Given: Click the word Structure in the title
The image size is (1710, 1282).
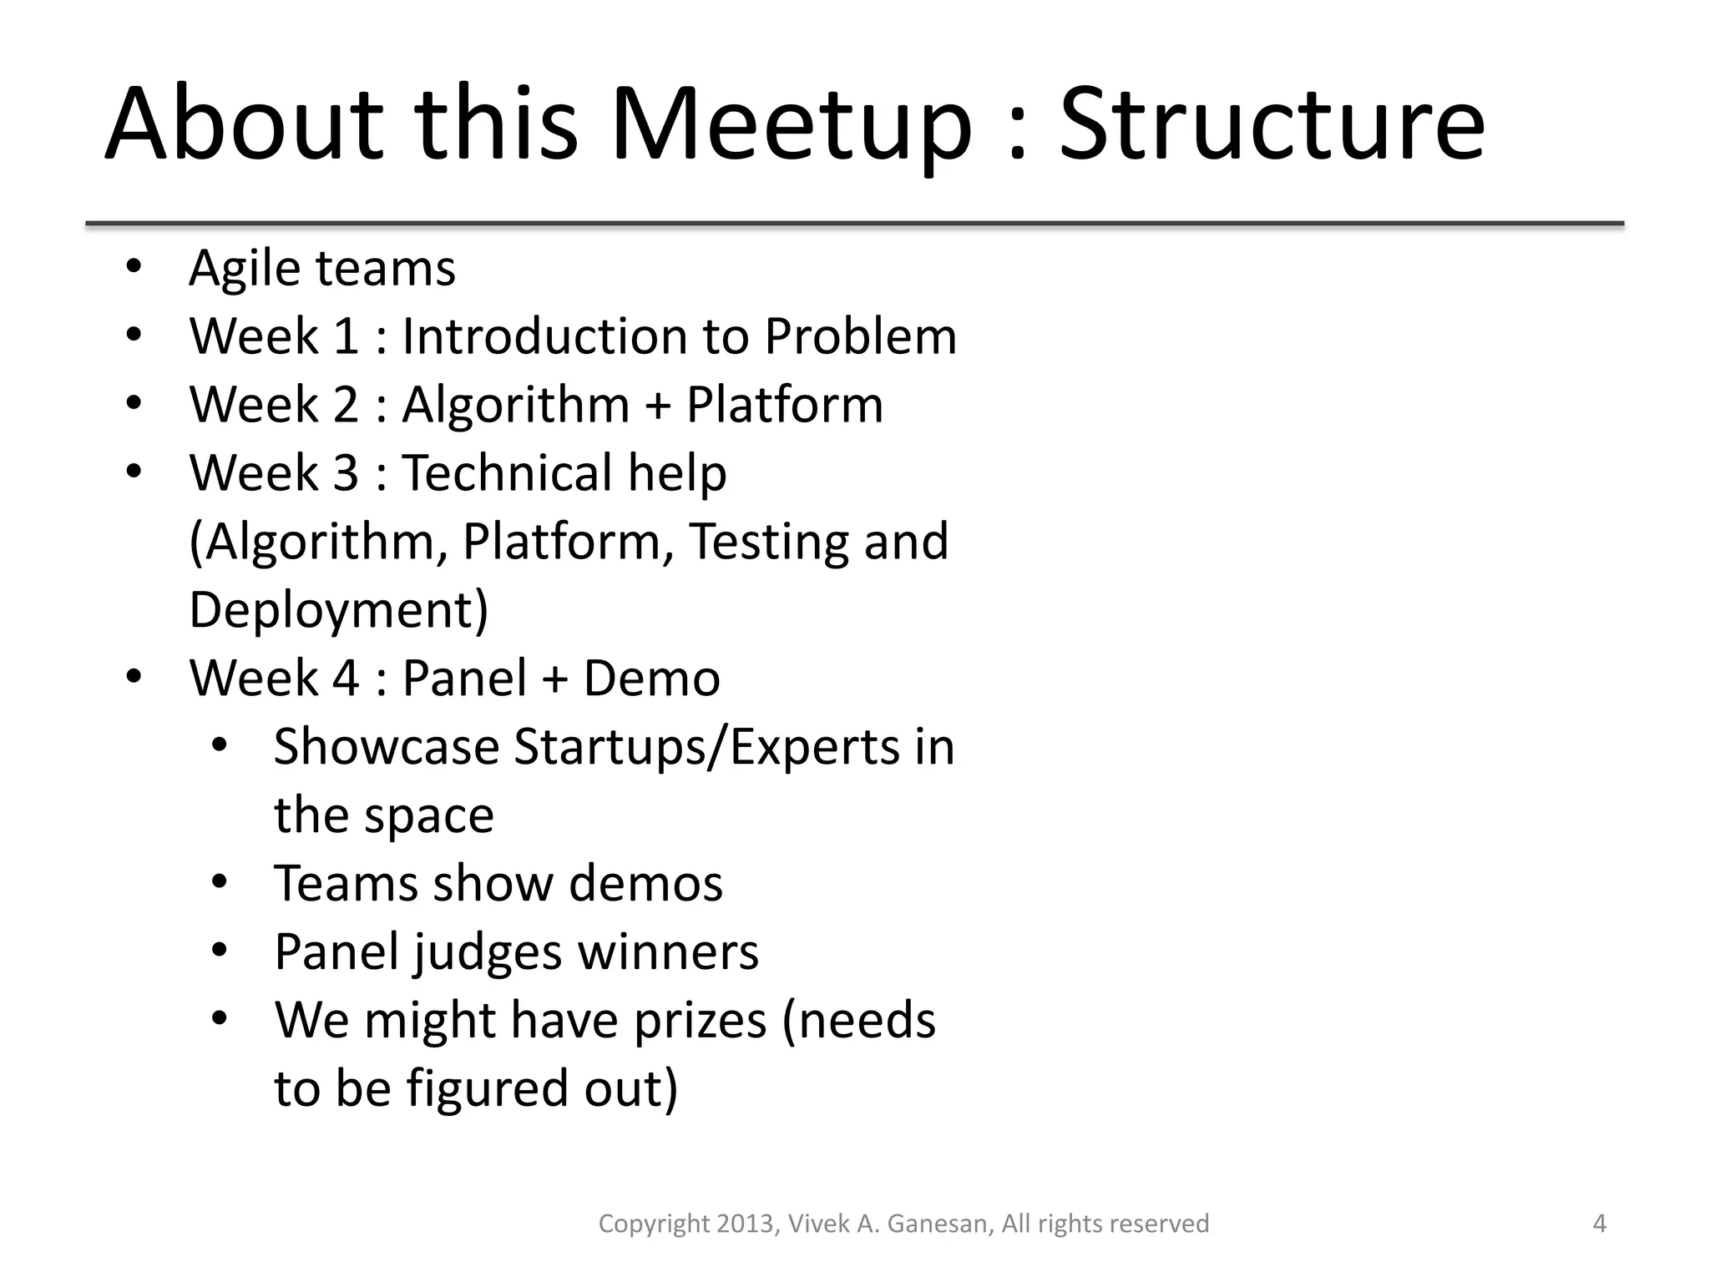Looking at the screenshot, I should point(1272,125).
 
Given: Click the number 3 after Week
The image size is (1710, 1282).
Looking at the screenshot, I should point(346,473).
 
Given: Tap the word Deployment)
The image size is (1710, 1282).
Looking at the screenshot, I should point(338,611).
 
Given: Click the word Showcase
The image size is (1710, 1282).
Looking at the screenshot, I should point(386,747).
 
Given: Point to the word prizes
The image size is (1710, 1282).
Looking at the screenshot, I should point(700,1021).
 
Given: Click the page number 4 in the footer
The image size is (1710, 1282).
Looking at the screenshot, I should point(1599,1224).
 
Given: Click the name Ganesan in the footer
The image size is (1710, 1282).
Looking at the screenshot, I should point(939,1224).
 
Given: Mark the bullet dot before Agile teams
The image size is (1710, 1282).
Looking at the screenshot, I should point(134,268).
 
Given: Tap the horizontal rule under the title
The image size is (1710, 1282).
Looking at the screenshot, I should point(854,224).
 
